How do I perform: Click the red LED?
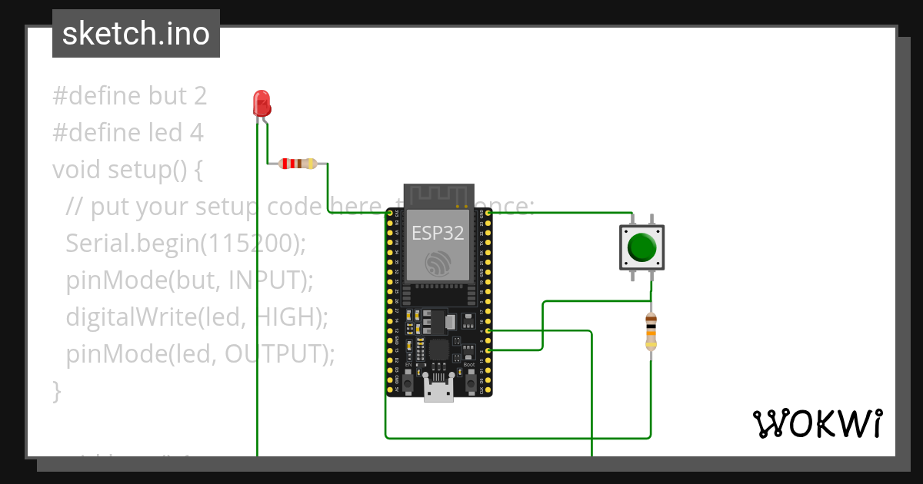(262, 101)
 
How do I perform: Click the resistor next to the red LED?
(297, 163)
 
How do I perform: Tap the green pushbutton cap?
(641, 247)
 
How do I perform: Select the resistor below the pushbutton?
(651, 331)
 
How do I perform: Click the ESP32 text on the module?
(437, 233)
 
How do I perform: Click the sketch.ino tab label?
(135, 34)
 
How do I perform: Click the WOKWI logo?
(817, 423)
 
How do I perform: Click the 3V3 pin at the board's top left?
(389, 213)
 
